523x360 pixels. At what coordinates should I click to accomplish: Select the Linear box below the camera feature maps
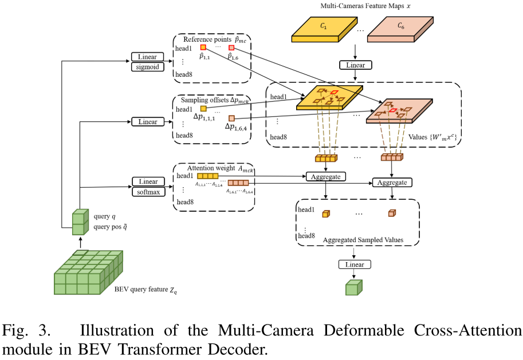(355, 65)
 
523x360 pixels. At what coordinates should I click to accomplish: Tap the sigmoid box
(147, 66)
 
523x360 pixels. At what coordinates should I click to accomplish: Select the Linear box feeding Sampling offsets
(148, 122)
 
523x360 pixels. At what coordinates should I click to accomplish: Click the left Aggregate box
(326, 176)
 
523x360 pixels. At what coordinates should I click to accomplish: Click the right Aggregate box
(392, 182)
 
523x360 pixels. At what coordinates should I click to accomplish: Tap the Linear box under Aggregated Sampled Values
(355, 264)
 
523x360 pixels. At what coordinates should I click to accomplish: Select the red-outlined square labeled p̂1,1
(203, 48)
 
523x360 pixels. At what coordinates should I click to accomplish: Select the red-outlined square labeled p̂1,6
(231, 48)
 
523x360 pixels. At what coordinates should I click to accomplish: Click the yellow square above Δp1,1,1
(203, 108)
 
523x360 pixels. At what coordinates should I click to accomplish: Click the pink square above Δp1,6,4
(231, 118)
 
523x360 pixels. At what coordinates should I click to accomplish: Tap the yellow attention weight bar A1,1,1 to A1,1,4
(207, 177)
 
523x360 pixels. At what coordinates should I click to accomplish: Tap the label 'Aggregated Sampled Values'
(363, 239)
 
